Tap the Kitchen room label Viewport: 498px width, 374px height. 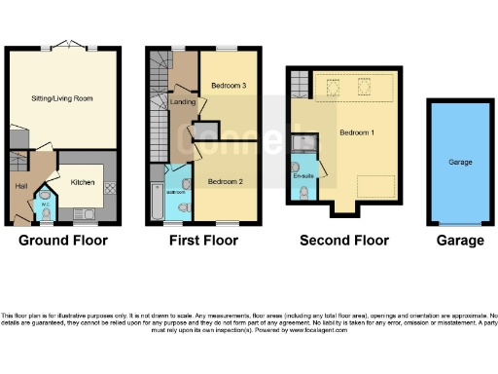[82, 180]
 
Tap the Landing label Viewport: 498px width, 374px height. [182, 101]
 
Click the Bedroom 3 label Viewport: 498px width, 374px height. [228, 87]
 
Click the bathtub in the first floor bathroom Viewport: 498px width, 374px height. [158, 200]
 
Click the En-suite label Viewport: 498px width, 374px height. [302, 176]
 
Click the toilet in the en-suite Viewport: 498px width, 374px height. [305, 193]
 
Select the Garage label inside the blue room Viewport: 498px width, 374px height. [460, 163]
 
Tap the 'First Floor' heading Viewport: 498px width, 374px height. [202, 241]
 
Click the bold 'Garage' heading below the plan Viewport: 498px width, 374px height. [459, 241]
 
